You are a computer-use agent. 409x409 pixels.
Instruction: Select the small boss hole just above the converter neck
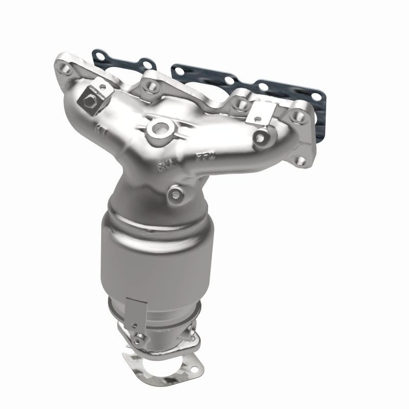click(x=175, y=194)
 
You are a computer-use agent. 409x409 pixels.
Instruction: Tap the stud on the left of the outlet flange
click(x=138, y=338)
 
